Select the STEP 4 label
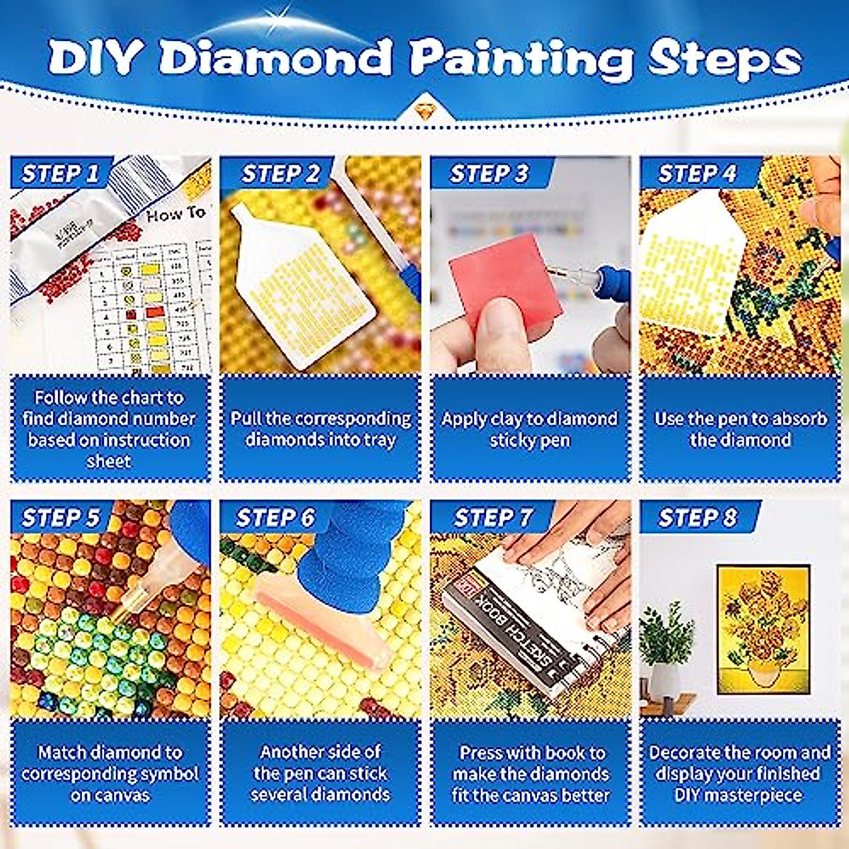click(x=697, y=173)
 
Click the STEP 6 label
click(x=275, y=518)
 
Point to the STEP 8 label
click(x=697, y=518)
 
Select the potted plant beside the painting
click(x=665, y=651)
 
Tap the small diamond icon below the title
click(x=424, y=110)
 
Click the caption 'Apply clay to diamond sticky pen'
click(x=529, y=429)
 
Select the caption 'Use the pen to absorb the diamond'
click(x=740, y=429)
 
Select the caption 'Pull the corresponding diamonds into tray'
click(x=320, y=429)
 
